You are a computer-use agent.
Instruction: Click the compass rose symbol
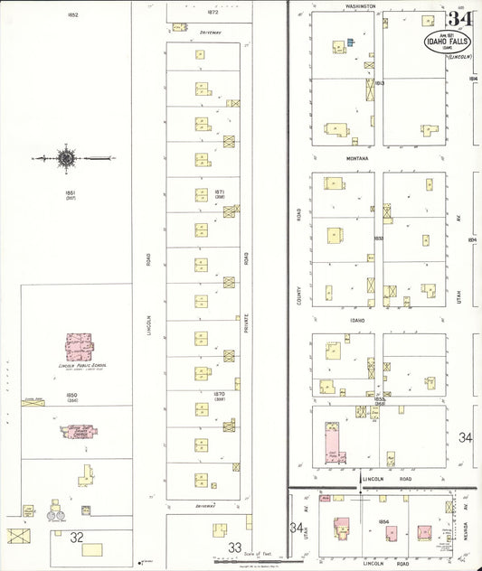pos(66,159)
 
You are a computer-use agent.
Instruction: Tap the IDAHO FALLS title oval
pos(444,43)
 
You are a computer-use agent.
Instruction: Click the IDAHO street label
pos(357,320)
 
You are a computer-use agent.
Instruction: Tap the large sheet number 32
pos(78,536)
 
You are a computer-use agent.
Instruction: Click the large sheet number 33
pos(234,547)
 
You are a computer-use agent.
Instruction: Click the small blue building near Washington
pos(349,41)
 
